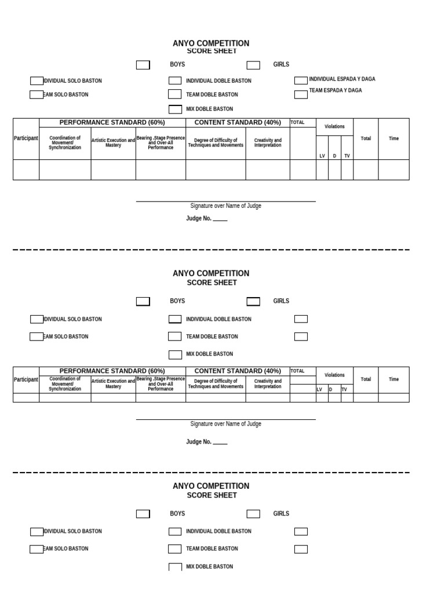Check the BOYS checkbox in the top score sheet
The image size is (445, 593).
coord(143,65)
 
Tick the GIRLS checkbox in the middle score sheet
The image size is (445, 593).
coord(253,301)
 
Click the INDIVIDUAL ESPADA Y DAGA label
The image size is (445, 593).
coord(342,79)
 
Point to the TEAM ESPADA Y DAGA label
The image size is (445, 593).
coord(335,90)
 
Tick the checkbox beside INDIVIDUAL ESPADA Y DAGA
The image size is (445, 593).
coord(301,80)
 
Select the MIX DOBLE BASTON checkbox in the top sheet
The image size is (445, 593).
coord(175,109)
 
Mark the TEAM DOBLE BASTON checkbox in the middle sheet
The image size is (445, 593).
coord(175,336)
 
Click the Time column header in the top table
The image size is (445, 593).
coord(393,138)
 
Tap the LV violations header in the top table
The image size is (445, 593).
coord(322,156)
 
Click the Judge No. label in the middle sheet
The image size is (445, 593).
coord(206,442)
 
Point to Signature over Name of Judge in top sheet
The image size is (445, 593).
coord(225,206)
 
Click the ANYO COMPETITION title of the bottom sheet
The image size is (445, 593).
coord(211,486)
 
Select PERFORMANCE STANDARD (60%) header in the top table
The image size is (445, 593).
coord(112,122)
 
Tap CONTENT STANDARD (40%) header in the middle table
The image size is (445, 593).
coord(238,371)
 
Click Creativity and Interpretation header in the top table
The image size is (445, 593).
coord(268,142)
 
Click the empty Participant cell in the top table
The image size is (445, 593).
coord(26,170)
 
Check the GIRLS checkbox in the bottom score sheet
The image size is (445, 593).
coord(253,514)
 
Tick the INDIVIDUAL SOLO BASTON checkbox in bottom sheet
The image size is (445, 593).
coord(37,532)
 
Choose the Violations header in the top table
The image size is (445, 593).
coord(334,126)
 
